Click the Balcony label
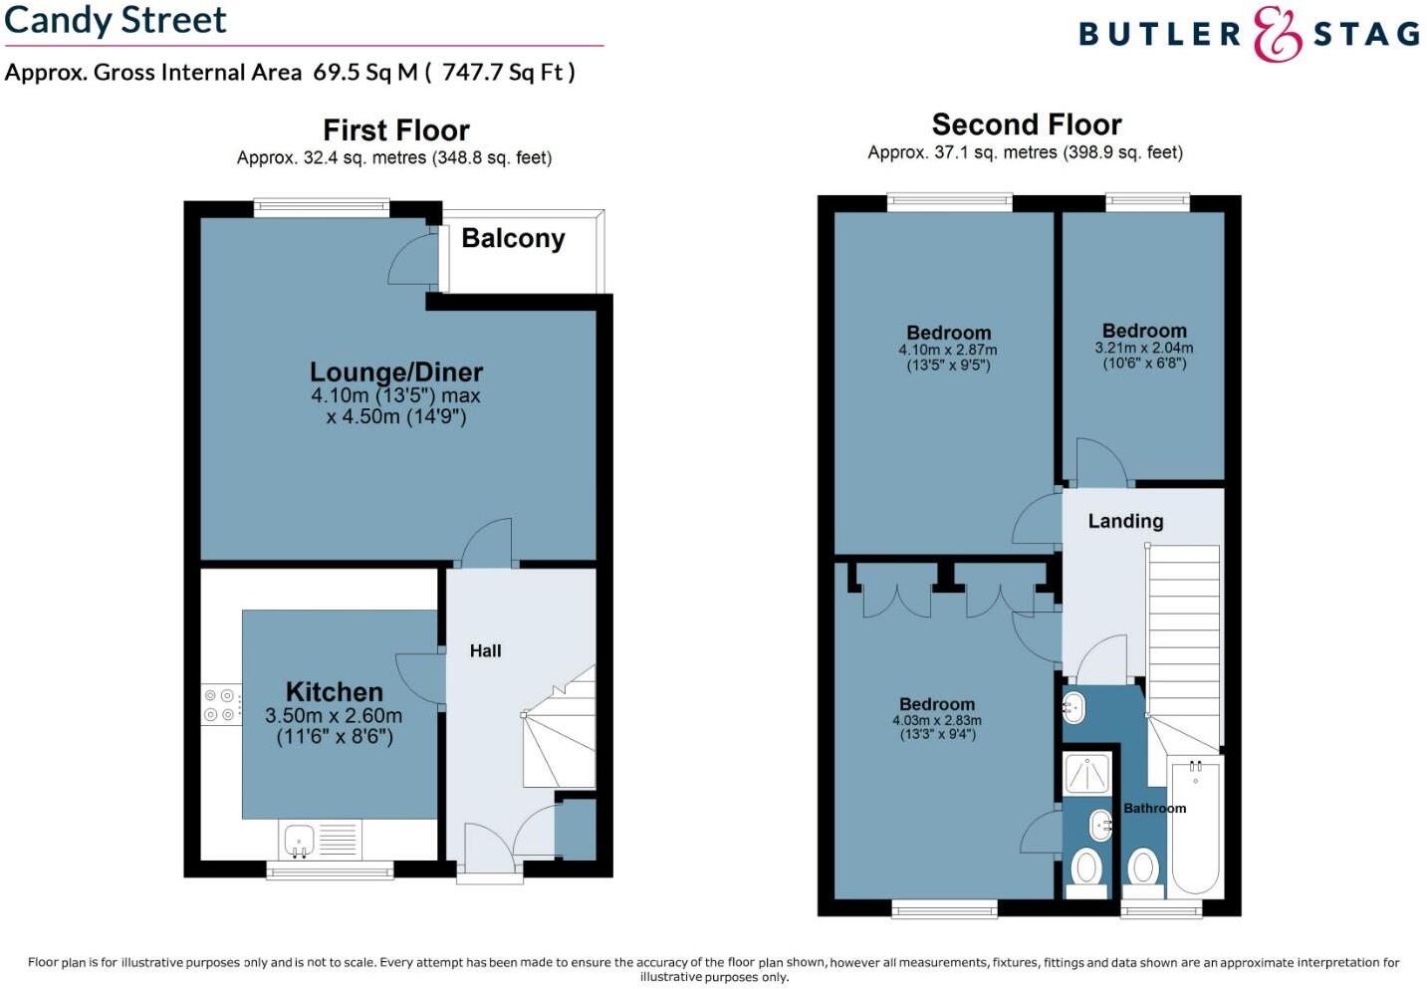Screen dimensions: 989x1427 click(513, 239)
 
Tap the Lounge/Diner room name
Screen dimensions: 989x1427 click(396, 372)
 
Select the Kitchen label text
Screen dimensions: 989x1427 click(334, 692)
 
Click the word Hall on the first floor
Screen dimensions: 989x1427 click(485, 651)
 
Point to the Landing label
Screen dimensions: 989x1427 click(1125, 521)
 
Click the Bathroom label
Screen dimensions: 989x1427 click(1154, 809)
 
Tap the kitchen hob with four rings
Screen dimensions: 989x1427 click(220, 705)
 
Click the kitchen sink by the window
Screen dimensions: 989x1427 click(299, 840)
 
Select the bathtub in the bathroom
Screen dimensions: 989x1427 click(1195, 826)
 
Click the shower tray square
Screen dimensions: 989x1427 click(1085, 774)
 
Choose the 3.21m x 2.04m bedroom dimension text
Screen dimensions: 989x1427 click(1143, 349)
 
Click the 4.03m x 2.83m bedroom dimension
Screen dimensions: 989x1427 click(936, 721)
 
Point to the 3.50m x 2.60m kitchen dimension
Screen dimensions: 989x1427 click(334, 716)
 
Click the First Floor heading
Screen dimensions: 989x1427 click(395, 130)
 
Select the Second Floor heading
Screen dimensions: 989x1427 click(1026, 124)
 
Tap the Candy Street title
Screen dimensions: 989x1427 click(116, 20)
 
